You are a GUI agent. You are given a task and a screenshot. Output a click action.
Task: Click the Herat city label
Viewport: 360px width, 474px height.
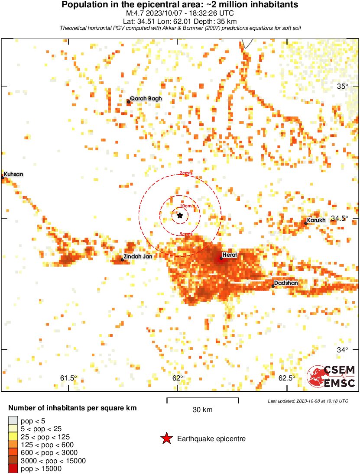(229, 255)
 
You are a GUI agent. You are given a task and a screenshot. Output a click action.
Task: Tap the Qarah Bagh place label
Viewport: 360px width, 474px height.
(146, 98)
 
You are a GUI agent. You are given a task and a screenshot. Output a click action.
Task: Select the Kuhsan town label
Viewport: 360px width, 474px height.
(13, 174)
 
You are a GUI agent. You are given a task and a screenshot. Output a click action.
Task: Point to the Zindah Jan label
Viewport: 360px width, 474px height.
(138, 257)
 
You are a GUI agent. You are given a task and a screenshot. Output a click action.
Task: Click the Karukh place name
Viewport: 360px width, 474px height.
(316, 221)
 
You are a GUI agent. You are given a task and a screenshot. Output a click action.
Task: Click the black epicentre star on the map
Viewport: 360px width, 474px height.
(180, 216)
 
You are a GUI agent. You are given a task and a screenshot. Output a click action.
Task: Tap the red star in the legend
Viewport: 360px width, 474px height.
(166, 439)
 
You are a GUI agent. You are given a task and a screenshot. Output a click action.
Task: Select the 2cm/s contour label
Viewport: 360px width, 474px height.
(186, 173)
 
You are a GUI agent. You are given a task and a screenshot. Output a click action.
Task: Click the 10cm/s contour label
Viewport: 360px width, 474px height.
(187, 206)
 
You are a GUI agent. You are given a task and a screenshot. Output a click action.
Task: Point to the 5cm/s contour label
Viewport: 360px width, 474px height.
(186, 234)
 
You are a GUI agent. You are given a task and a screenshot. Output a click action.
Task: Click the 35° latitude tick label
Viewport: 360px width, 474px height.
(343, 86)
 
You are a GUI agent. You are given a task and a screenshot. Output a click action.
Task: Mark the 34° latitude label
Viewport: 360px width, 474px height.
(343, 350)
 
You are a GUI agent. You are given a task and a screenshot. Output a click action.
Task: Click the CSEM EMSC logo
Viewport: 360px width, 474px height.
(331, 377)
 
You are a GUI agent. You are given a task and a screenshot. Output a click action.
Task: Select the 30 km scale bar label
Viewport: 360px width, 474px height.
(202, 410)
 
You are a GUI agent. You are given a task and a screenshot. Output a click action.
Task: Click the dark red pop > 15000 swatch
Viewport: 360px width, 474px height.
(13, 468)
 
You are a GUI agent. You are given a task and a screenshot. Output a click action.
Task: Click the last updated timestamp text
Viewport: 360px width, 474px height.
(308, 401)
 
